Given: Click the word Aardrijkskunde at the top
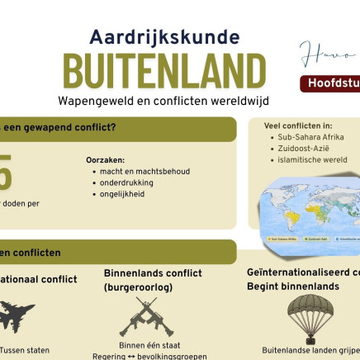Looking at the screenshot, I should point(164,37).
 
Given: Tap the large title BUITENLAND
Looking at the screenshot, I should point(164,72).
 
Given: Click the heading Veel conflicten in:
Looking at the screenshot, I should point(298,126).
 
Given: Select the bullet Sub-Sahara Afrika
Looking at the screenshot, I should point(310,137).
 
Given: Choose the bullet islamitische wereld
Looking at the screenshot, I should point(312,160).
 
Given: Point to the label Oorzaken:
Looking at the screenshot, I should point(105,160).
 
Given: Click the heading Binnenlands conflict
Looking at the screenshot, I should point(153,273).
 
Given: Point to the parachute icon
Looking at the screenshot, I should point(311,315).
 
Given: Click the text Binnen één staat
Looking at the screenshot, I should point(149,345).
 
